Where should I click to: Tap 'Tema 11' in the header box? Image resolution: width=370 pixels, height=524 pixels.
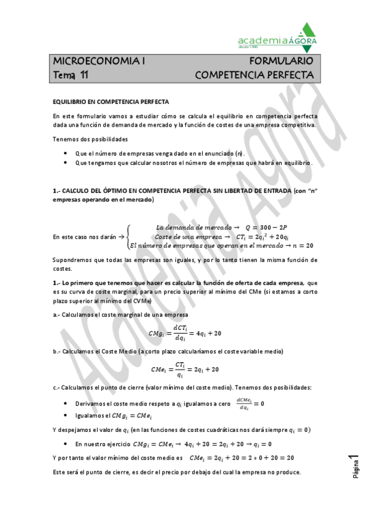(x=70, y=75)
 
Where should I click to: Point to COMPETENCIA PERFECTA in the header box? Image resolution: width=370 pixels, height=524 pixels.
(x=254, y=75)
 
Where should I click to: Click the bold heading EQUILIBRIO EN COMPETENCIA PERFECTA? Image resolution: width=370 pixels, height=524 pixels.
(x=111, y=101)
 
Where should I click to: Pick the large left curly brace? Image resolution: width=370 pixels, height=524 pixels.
(x=128, y=236)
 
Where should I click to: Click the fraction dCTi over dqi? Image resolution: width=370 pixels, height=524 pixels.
(x=180, y=334)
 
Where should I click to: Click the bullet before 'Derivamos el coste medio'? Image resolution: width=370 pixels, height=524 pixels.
(x=66, y=404)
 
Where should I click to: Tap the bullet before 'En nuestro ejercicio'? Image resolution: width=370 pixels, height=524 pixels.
(x=66, y=444)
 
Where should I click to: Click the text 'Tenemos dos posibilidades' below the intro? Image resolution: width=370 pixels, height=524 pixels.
(x=90, y=139)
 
